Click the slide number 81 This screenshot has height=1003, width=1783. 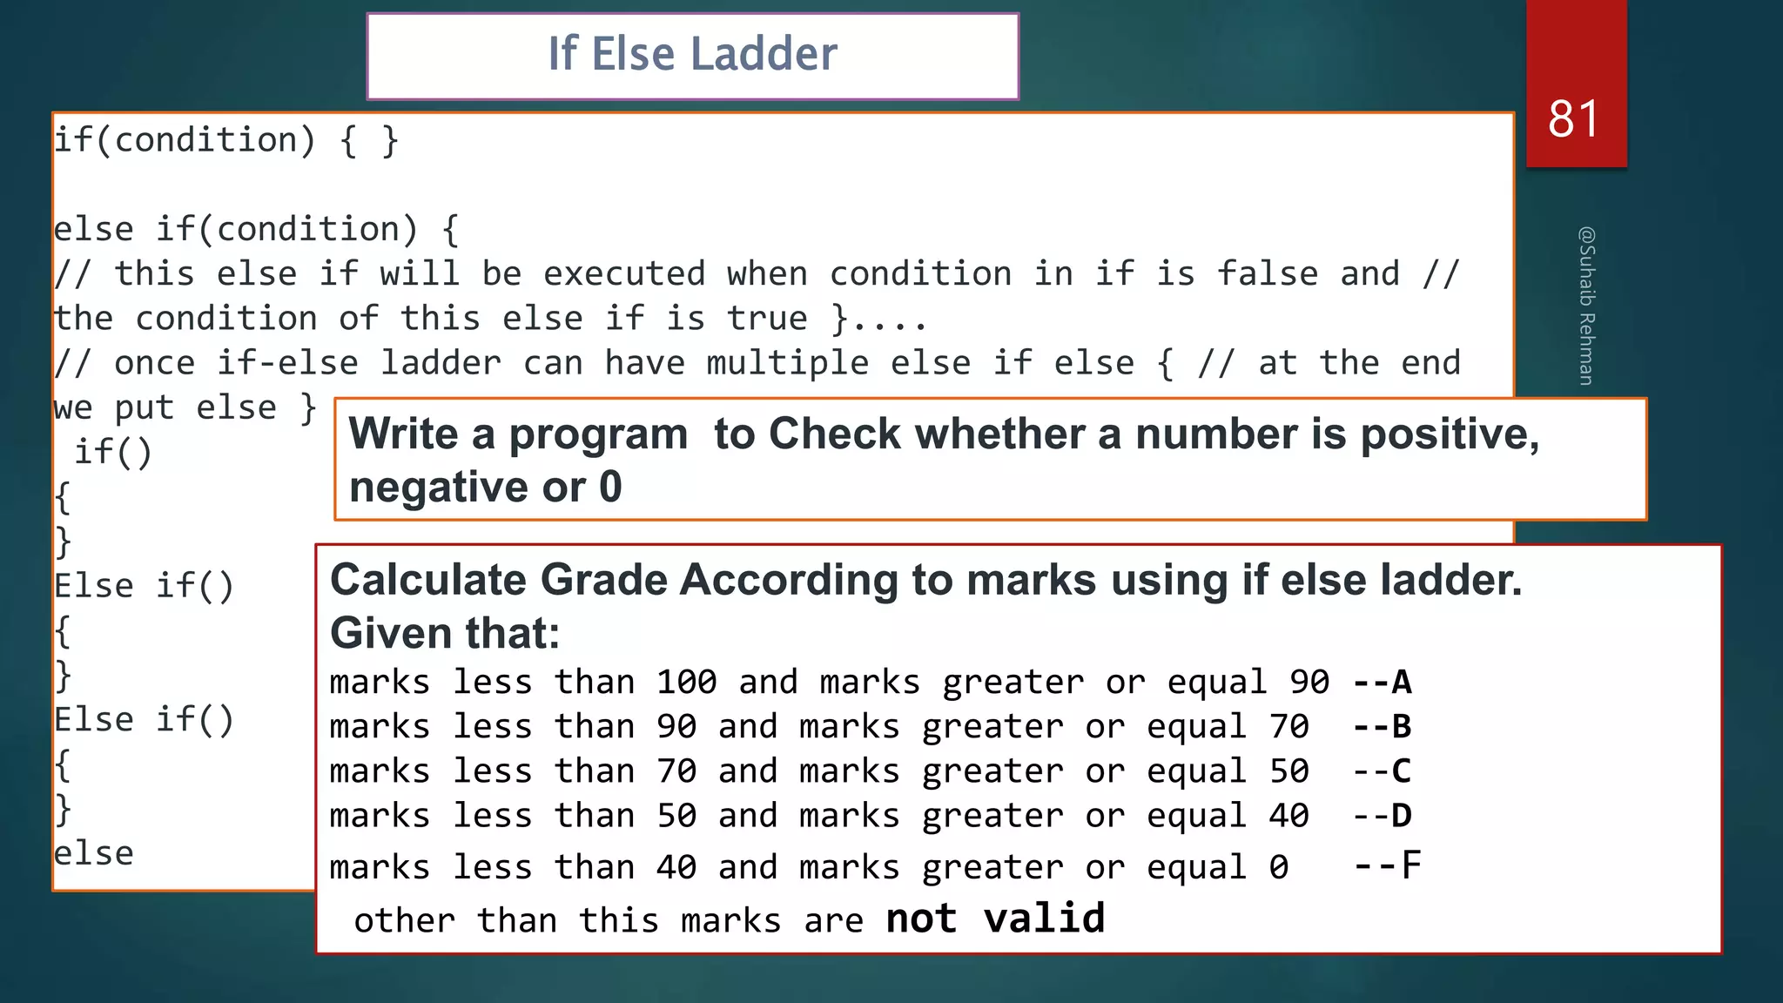coord(1573,119)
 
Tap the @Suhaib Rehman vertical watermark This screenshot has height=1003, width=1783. coord(1586,306)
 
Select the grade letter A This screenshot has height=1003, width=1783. coord(1402,682)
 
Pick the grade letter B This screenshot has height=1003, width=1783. coord(1402,726)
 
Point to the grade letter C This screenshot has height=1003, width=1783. coord(1402,771)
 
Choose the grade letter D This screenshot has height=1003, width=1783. coord(1402,816)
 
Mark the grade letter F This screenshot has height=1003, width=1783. coord(1410,866)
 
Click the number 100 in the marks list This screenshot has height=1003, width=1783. coord(686,682)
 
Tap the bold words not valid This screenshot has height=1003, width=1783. coord(995,919)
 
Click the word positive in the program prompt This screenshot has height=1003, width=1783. coord(1450,434)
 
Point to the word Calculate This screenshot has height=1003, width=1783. coord(427,580)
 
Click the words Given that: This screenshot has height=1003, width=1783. coord(445,633)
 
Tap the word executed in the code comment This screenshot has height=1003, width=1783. coord(624,274)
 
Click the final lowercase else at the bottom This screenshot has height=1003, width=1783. coord(94,853)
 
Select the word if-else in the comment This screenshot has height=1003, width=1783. coord(287,363)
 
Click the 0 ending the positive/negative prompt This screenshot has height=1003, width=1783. coord(610,487)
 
